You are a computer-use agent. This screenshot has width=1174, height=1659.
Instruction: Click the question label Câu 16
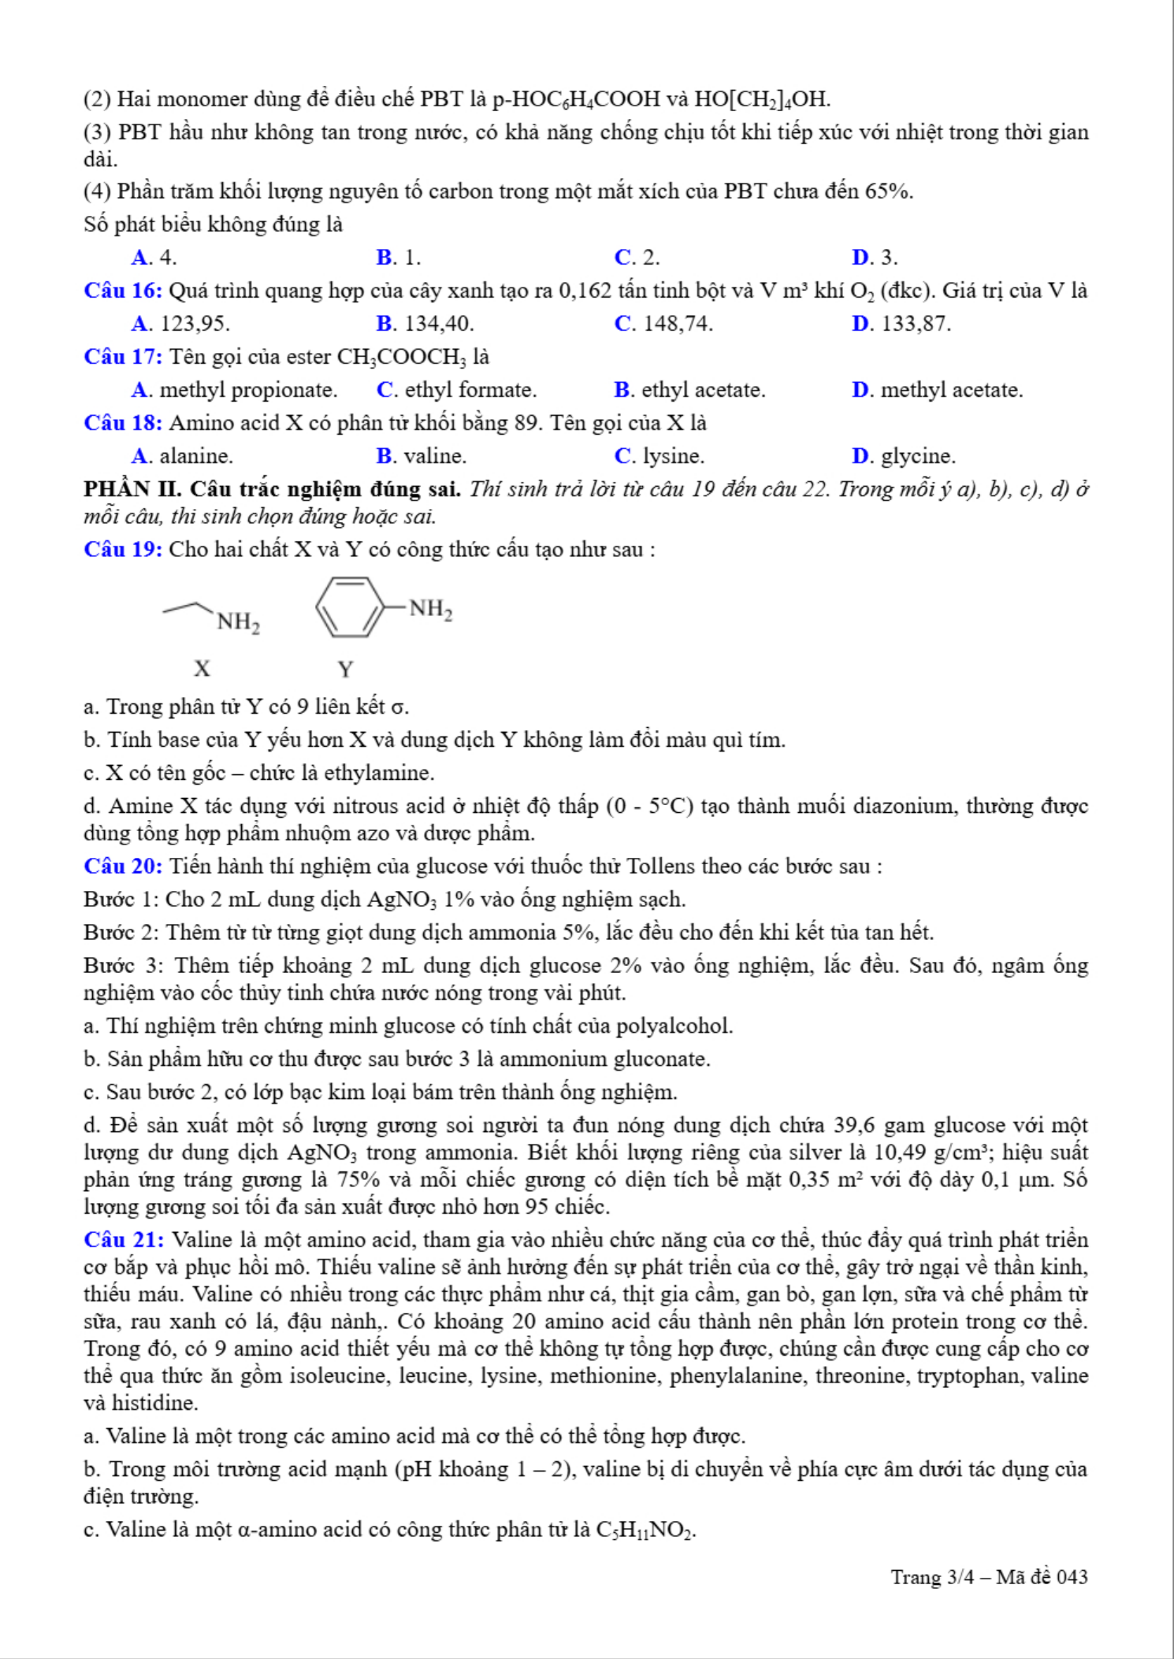pos(123,291)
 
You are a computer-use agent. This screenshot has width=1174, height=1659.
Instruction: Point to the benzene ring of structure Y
pos(350,607)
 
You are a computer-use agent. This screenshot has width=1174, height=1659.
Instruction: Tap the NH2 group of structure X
pos(238,622)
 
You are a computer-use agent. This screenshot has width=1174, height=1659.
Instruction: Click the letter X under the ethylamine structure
pos(202,669)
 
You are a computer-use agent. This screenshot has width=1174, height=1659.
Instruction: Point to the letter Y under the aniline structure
pos(345,670)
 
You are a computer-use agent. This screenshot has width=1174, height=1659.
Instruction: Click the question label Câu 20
pos(123,867)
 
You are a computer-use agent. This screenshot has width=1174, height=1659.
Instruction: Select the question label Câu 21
pos(123,1240)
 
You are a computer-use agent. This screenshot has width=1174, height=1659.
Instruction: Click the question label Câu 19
pos(123,549)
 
